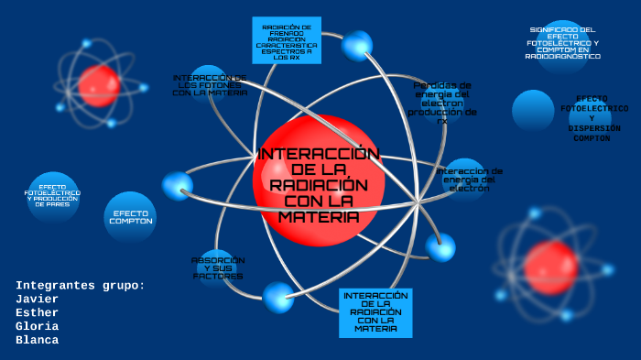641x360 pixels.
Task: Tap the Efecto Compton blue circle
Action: coord(130,217)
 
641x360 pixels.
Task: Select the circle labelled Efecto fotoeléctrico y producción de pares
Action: coord(53,195)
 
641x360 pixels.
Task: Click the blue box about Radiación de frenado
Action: coord(287,41)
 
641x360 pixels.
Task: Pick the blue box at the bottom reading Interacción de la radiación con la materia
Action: coord(375,312)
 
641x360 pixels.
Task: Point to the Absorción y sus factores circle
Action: coord(218,267)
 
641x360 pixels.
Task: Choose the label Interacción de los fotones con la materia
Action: coord(210,85)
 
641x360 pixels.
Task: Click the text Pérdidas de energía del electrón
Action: coord(442,102)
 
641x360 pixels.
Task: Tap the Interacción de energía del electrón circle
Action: coord(468,178)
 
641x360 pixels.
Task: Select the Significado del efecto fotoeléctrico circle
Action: coord(563,44)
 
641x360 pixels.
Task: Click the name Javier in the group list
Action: coord(37,299)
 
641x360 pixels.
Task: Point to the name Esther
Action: coord(37,312)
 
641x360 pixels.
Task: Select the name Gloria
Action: coord(37,326)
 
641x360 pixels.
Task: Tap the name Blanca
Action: coord(37,340)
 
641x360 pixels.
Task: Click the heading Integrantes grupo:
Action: coord(81,285)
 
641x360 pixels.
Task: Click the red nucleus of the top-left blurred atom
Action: coord(99,85)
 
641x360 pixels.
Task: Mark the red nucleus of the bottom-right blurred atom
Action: coord(550,267)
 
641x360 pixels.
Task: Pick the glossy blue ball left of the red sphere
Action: coord(177,186)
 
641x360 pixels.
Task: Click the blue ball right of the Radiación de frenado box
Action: coord(357,45)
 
